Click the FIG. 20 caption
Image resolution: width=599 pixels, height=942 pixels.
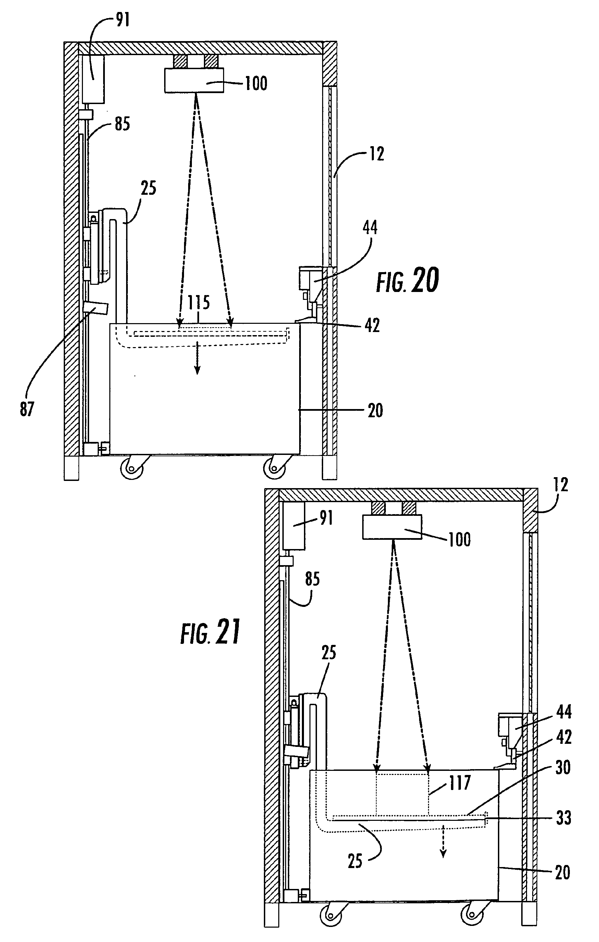click(407, 280)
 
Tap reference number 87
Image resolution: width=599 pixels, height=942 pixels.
click(27, 409)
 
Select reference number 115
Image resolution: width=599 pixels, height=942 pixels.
click(198, 302)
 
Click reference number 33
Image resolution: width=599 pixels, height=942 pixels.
click(563, 818)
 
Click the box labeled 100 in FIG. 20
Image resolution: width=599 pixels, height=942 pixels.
click(195, 80)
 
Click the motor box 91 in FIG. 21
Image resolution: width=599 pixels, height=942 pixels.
click(294, 526)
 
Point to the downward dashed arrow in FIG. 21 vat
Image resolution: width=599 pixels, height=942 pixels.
click(443, 846)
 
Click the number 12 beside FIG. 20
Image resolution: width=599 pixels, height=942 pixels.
click(377, 154)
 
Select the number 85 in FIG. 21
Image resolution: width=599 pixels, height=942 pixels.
click(313, 579)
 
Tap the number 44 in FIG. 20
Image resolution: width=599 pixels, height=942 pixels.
click(370, 227)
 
